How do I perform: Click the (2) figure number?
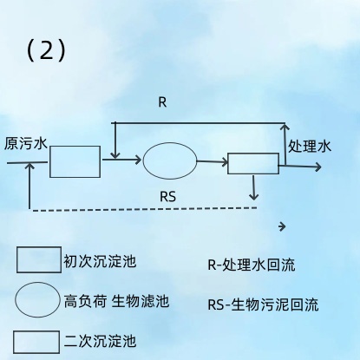click(46, 50)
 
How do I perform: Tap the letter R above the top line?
click(162, 102)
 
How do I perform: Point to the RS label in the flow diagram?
click(167, 197)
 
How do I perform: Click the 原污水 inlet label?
click(25, 143)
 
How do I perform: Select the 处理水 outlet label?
click(310, 146)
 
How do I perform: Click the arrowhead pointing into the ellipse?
click(138, 160)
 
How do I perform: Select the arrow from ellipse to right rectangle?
click(213, 162)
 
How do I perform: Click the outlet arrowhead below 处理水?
click(317, 167)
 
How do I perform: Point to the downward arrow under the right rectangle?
click(253, 187)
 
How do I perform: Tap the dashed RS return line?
click(145, 209)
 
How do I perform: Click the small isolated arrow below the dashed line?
click(282, 226)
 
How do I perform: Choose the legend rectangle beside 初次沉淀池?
click(39, 259)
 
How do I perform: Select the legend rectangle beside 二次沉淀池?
click(36, 343)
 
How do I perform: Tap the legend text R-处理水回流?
click(252, 265)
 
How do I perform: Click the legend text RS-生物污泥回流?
click(263, 304)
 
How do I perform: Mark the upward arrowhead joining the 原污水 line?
click(29, 166)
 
